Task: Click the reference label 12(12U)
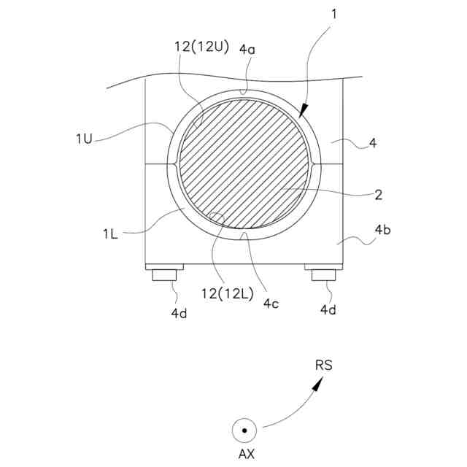click(201, 47)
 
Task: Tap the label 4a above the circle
click(247, 50)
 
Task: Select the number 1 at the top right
click(334, 14)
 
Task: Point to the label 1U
click(85, 139)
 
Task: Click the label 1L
click(110, 234)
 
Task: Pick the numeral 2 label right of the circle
click(378, 195)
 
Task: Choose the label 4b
click(382, 230)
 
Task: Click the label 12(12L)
click(228, 293)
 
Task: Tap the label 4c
click(271, 304)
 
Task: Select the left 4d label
click(179, 313)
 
